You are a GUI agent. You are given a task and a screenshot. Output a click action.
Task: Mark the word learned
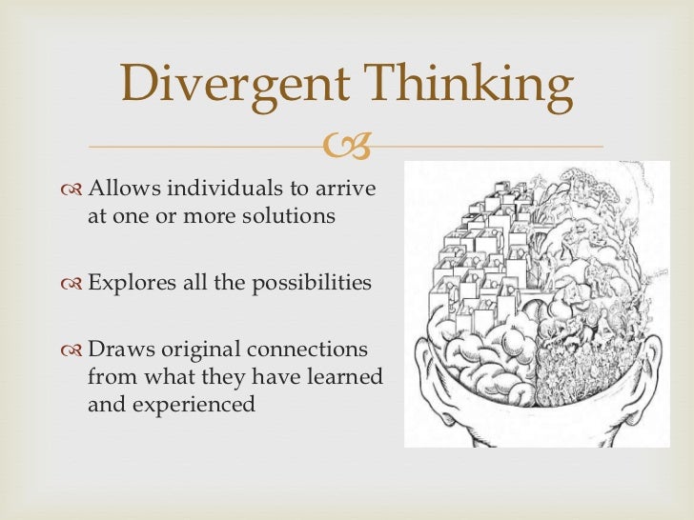338,377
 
